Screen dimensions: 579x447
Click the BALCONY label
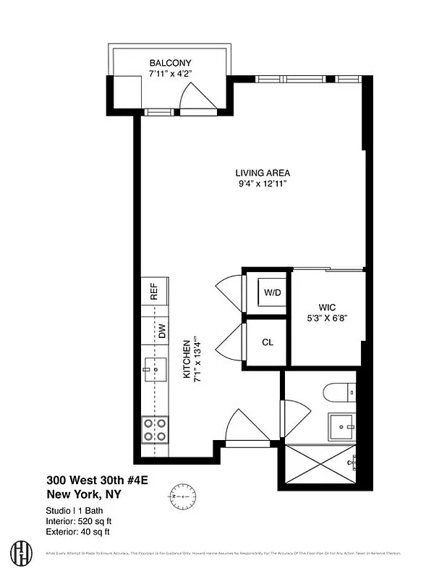click(170, 63)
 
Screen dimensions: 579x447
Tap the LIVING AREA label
click(263, 173)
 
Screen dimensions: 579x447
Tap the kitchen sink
click(155, 371)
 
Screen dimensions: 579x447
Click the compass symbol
click(184, 498)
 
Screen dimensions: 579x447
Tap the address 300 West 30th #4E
click(97, 480)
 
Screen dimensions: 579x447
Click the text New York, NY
click(85, 495)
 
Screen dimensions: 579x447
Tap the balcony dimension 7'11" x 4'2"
click(171, 74)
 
